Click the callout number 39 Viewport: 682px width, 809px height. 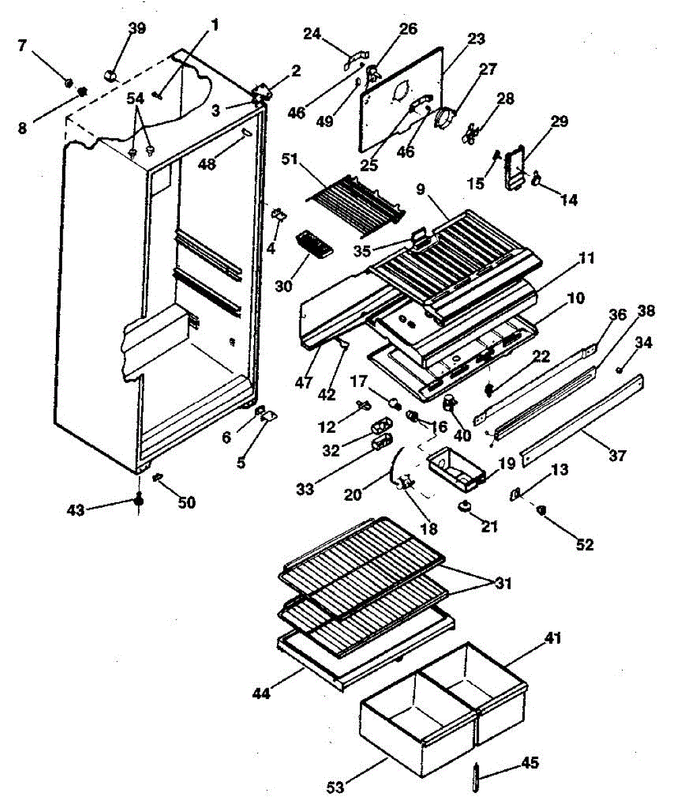click(x=137, y=29)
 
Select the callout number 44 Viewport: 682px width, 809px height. click(x=261, y=692)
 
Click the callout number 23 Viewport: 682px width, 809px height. click(x=476, y=39)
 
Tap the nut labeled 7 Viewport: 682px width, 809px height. click(x=68, y=82)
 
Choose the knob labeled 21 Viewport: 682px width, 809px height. click(x=464, y=507)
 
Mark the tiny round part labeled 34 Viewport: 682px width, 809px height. click(x=620, y=368)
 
